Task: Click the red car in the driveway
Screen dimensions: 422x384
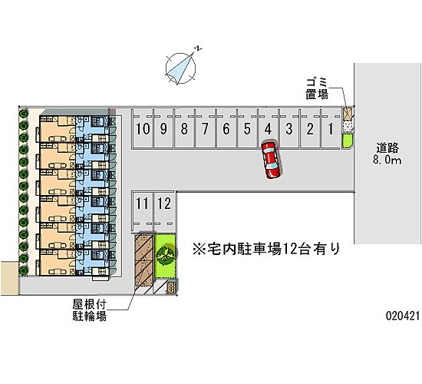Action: click(x=272, y=160)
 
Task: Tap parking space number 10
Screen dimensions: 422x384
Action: click(x=143, y=128)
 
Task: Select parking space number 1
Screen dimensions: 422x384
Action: click(x=331, y=128)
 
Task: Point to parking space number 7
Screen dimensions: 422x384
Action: click(x=206, y=128)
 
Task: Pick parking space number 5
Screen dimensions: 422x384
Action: click(x=247, y=128)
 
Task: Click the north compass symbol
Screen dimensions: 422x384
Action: click(x=180, y=68)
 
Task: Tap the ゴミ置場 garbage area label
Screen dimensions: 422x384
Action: click(x=317, y=88)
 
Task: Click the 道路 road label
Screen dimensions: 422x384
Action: click(x=387, y=148)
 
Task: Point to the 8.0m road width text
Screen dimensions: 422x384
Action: click(x=387, y=160)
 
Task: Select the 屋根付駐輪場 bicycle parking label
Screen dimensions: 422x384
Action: click(x=89, y=310)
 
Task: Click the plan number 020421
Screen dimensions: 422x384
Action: click(x=403, y=316)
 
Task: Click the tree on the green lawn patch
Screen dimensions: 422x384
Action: click(x=166, y=255)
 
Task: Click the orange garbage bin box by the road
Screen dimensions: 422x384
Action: click(x=348, y=114)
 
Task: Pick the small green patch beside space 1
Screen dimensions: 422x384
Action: click(x=347, y=141)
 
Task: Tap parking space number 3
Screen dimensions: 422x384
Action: click(x=289, y=128)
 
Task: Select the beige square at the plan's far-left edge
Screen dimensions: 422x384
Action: click(x=9, y=277)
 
